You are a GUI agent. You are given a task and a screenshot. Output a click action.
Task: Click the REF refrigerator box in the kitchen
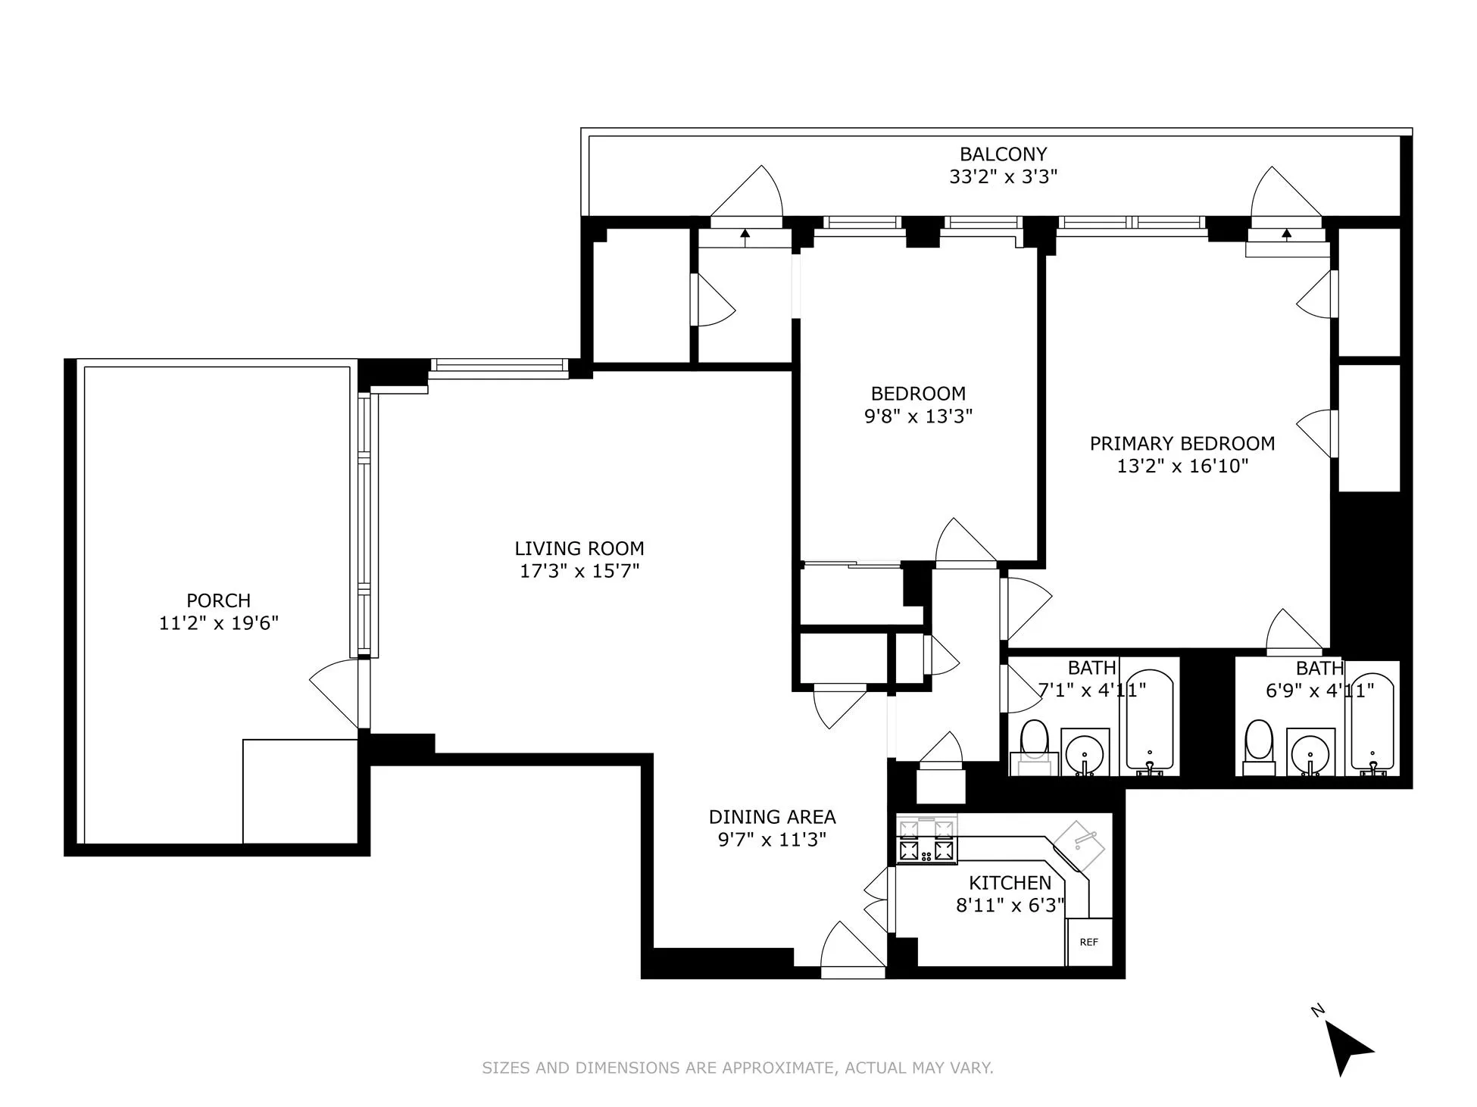coord(1089,942)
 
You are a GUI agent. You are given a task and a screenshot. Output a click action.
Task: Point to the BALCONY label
coord(1003,154)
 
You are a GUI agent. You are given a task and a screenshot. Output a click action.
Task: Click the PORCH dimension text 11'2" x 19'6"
coord(219,623)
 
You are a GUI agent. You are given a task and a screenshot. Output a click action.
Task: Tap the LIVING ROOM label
coord(579,548)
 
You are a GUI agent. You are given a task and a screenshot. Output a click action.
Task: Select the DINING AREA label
coord(772,817)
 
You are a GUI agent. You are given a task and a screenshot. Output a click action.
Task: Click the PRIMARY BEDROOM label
coord(1182,444)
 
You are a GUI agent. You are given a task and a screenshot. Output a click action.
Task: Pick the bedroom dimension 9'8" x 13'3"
coord(918,416)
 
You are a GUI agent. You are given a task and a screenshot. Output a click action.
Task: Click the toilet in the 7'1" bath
coord(1034,742)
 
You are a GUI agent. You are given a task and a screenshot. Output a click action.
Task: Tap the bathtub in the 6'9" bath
coord(1372,723)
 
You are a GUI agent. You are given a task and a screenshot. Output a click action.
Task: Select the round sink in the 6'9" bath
coord(1311,752)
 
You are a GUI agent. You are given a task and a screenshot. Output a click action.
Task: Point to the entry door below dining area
coord(851,951)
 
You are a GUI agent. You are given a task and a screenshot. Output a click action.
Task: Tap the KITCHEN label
coord(1010,883)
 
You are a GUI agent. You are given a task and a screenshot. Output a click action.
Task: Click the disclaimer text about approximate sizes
coord(738,1068)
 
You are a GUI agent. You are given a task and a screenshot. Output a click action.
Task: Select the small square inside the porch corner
coord(300,791)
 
